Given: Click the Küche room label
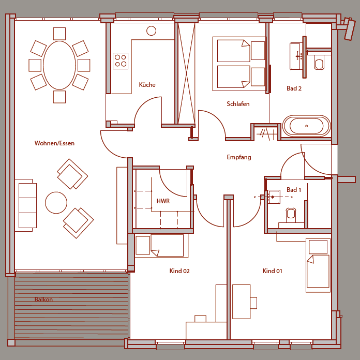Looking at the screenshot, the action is pos(147,85).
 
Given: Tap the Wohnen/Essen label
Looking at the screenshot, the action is pos(54,143).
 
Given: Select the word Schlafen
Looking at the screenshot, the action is pos(238,104).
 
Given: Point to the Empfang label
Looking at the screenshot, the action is pos(239,157).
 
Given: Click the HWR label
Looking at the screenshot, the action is pos(163,201).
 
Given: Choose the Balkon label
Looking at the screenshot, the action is pos(43,299).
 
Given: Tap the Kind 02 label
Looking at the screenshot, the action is pos(179,271).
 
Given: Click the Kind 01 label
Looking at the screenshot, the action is pos(272,271).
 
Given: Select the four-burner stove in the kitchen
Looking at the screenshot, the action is pos(121,61).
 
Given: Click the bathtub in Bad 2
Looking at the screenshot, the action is pos(307,126).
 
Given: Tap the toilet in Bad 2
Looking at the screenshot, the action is pos(319,62).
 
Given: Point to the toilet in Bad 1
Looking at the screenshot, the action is pos(291,215).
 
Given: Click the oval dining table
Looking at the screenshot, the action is pos(59,65).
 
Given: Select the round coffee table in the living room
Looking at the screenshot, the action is pos(56,203).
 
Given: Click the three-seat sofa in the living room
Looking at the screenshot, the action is pos(26,205).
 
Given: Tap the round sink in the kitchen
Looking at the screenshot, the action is pos(152,31).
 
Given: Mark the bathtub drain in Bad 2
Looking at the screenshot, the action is pos(307,126).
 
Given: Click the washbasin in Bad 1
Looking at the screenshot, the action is pos(274,197).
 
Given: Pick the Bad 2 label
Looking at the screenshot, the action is pos(294,88).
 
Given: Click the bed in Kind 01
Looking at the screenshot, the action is pos(318,265).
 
